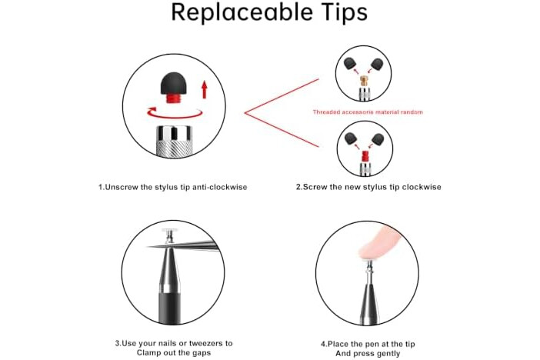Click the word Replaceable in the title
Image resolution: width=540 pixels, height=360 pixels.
pos(242,12)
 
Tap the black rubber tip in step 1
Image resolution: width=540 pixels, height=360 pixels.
pos(174,84)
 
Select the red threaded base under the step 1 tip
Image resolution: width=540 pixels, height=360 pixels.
pos(174,99)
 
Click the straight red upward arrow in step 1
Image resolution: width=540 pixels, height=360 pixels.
pos(204,89)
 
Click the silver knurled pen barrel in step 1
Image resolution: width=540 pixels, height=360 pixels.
pos(174,142)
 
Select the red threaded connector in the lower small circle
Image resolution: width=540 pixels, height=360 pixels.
pos(365,156)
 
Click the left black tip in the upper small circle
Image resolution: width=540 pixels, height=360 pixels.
pos(350,64)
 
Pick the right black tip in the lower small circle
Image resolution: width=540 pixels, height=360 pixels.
pos(378,138)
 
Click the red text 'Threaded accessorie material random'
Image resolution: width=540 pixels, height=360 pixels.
pos(368,112)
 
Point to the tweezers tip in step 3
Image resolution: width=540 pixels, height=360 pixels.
pos(149,246)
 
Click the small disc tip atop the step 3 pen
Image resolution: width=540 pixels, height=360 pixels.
pos(168,231)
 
